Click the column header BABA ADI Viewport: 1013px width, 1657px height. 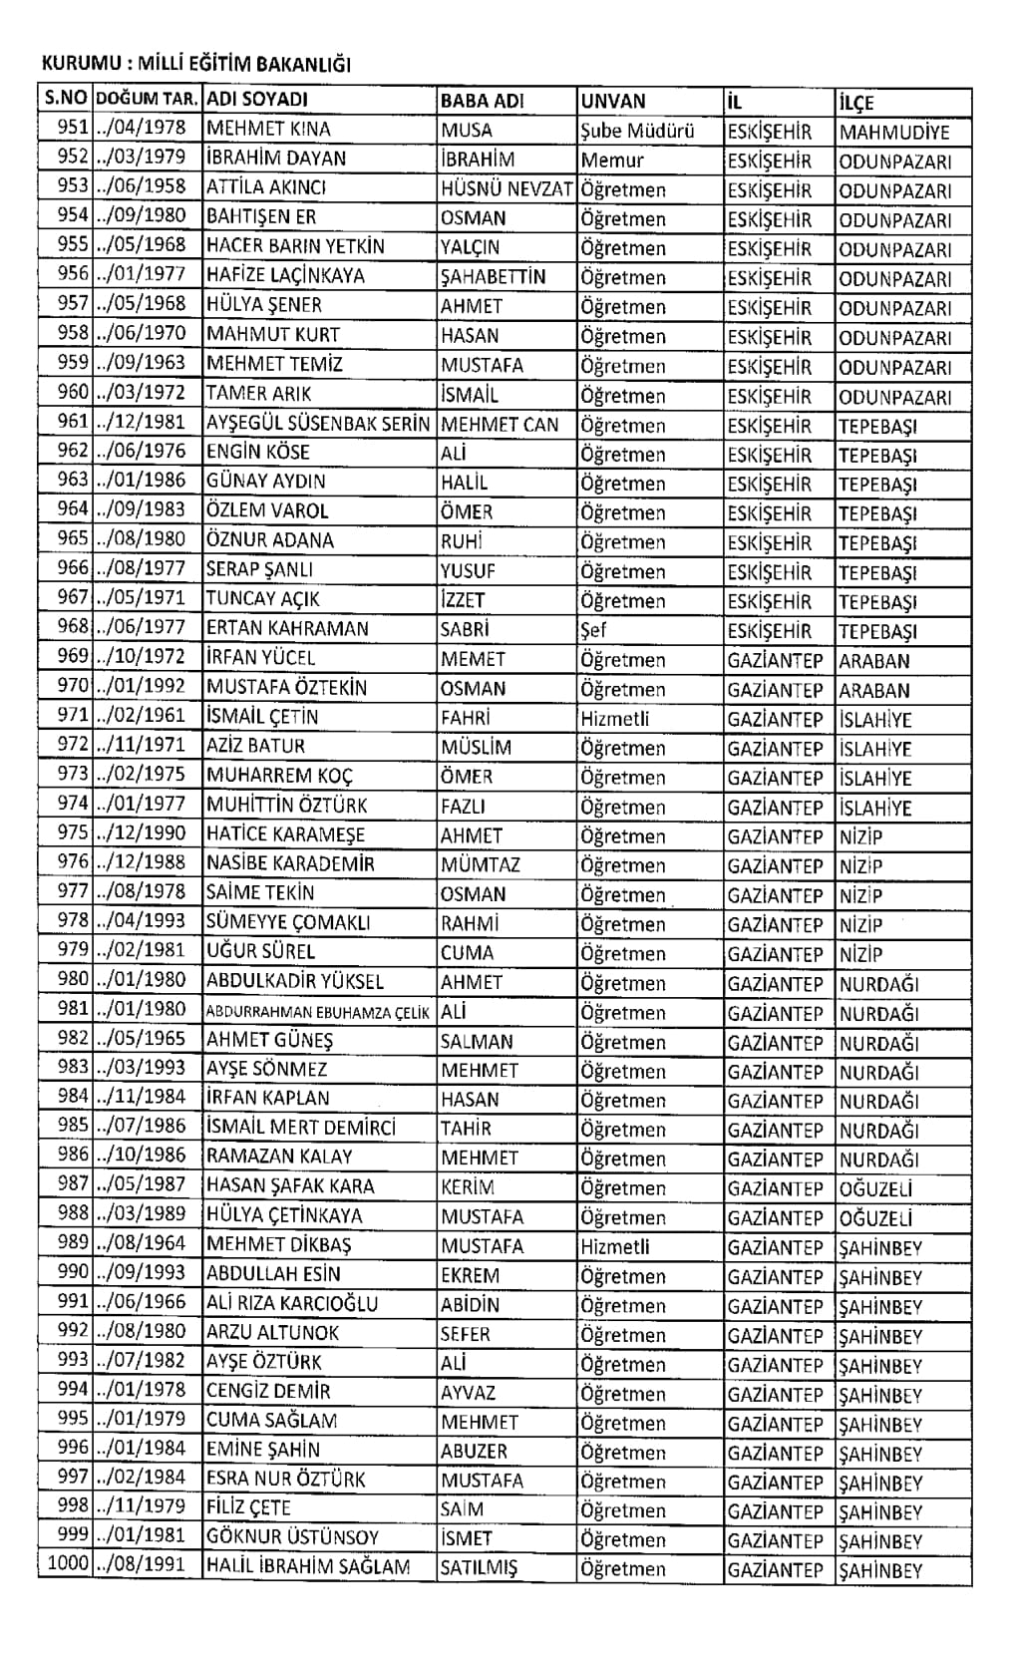(x=482, y=101)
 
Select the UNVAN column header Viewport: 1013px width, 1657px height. (x=613, y=101)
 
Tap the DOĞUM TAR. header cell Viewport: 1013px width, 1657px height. (x=149, y=100)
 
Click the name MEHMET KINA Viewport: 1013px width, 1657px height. (x=268, y=130)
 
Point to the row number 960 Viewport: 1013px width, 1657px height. (x=73, y=393)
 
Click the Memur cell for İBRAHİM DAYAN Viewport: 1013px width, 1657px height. (x=612, y=160)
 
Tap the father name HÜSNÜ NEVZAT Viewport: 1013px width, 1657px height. (x=506, y=188)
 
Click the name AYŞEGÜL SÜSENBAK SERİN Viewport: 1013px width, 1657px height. (x=317, y=424)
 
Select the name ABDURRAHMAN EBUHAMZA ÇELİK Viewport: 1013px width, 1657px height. (x=318, y=1012)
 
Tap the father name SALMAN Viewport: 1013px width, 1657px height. (x=478, y=1041)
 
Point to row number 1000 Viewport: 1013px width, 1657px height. (x=68, y=1563)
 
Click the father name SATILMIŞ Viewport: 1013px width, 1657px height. (x=480, y=1567)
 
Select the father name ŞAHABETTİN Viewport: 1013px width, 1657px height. (x=494, y=276)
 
